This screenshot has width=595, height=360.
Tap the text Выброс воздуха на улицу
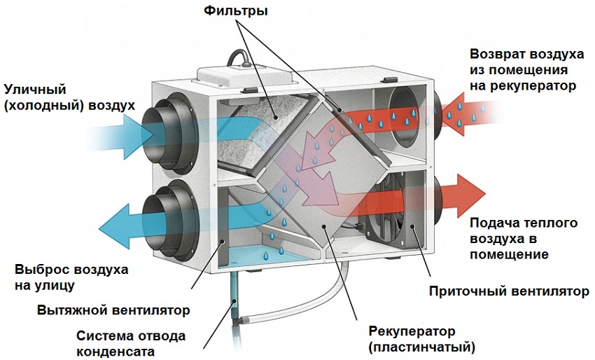(62, 277)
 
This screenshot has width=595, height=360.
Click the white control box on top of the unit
(238, 73)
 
